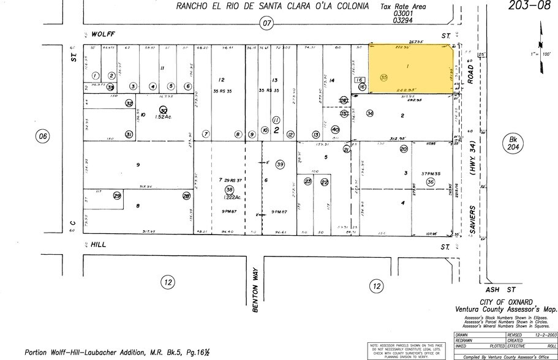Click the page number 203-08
click(x=529, y=6)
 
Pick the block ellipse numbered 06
click(x=42, y=136)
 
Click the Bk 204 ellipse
click(x=513, y=143)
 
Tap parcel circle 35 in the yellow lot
click(x=384, y=78)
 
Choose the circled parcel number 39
click(x=281, y=164)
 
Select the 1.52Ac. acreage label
click(x=164, y=116)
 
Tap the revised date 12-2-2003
click(x=538, y=336)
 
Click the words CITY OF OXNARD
click(x=502, y=302)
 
